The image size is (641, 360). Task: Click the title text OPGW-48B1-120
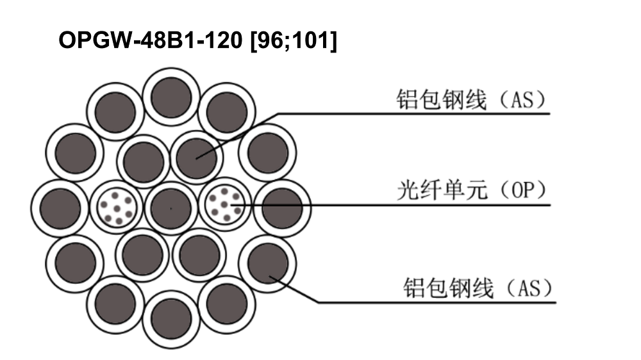click(151, 40)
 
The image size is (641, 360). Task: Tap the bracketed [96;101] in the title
click(294, 41)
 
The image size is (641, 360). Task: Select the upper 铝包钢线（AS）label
click(471, 99)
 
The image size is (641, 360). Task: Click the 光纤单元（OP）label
click(472, 190)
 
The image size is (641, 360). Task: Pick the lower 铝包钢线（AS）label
click(478, 288)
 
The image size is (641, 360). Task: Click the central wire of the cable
click(171, 208)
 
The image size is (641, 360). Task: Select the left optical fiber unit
click(116, 208)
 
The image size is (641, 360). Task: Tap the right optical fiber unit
click(224, 204)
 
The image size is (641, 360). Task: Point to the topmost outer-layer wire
click(171, 97)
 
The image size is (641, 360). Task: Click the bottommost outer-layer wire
click(171, 319)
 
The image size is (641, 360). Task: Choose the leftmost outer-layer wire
click(60, 208)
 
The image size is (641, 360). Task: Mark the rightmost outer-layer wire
click(282, 208)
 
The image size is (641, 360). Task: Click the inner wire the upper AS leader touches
click(197, 158)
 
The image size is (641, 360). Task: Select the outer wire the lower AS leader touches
click(268, 264)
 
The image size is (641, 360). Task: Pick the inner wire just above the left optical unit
click(143, 161)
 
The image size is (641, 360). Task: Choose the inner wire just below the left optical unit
click(142, 256)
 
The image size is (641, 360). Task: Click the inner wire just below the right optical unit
click(199, 256)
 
